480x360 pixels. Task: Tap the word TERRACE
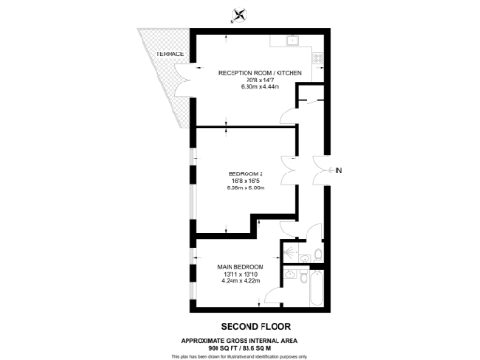point(157,54)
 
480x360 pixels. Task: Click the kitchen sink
point(292,39)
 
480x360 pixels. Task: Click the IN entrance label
point(339,170)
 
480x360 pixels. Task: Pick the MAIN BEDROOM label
point(240,266)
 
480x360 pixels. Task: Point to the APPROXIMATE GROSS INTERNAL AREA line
point(240,339)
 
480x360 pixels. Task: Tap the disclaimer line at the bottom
point(240,356)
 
